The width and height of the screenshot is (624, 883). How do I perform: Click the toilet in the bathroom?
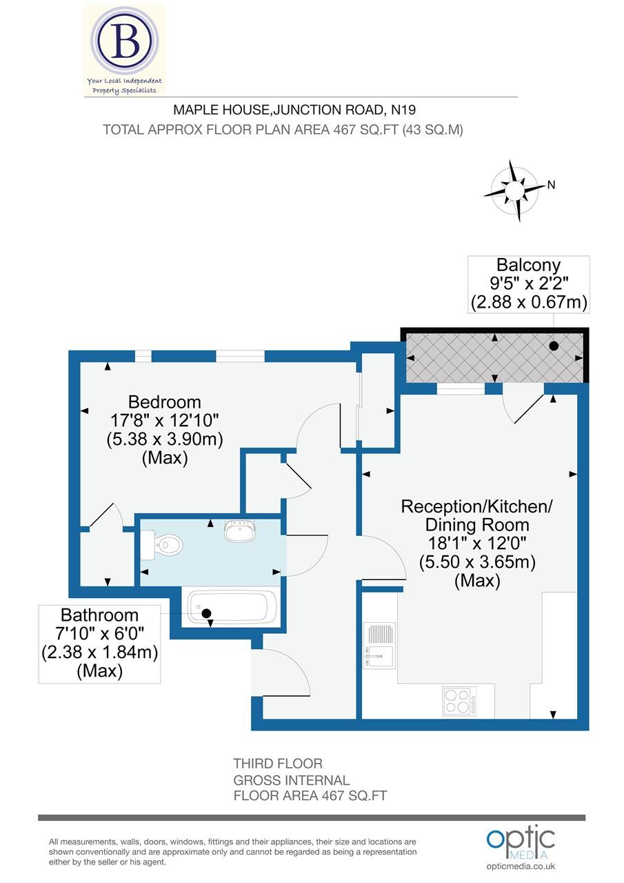pyautogui.click(x=162, y=544)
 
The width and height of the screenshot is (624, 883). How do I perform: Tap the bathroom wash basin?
pyautogui.click(x=239, y=530)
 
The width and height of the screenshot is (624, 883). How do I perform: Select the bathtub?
pyautogui.click(x=230, y=608)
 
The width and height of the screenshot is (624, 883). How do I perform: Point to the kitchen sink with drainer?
pyautogui.click(x=380, y=646)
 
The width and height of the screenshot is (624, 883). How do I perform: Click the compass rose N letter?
pyautogui.click(x=551, y=184)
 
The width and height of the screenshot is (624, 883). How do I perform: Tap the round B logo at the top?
pyautogui.click(x=125, y=41)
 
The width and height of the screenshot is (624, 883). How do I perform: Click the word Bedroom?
pyautogui.click(x=165, y=401)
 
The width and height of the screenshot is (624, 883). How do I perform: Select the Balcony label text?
pyautogui.click(x=529, y=265)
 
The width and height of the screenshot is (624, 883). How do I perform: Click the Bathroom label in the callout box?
pyautogui.click(x=99, y=615)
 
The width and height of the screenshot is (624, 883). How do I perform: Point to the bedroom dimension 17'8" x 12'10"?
pyautogui.click(x=165, y=420)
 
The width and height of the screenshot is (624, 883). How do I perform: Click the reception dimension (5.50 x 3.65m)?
pyautogui.click(x=477, y=562)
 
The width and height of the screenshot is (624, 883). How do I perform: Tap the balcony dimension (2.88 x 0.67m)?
pyautogui.click(x=529, y=302)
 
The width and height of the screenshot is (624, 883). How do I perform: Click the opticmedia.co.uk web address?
pyautogui.click(x=521, y=866)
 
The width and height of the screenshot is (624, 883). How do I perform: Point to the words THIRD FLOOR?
pyautogui.click(x=278, y=764)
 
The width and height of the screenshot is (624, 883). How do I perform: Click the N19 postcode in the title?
pyautogui.click(x=403, y=109)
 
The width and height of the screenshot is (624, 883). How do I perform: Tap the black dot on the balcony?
pyautogui.click(x=554, y=345)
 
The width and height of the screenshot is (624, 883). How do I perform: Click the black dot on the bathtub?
pyautogui.click(x=205, y=613)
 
